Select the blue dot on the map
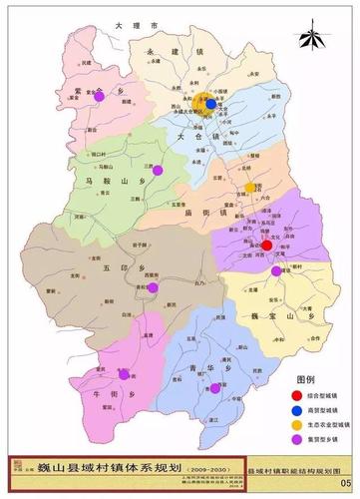[210, 103]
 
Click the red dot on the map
[266, 244]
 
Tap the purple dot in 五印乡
[154, 287]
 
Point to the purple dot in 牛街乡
[124, 374]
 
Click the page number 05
[346, 480]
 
